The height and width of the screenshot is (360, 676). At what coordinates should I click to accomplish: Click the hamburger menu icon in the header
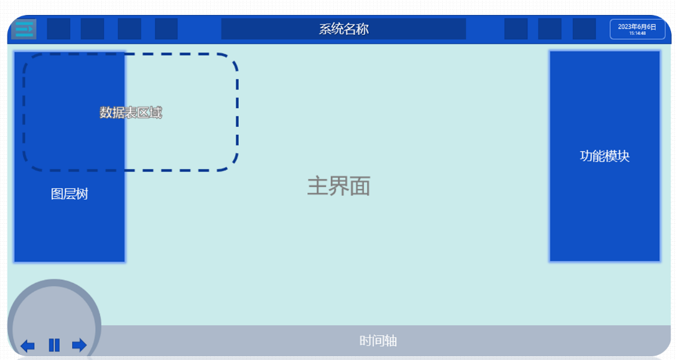coord(24,29)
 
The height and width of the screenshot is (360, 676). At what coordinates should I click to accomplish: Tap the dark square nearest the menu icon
coord(58,29)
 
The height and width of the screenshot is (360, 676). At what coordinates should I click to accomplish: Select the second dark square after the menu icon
coord(93,29)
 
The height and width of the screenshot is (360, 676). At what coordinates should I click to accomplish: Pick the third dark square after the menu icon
coord(129,29)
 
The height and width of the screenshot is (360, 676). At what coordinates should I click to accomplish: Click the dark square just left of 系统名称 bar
coord(167,29)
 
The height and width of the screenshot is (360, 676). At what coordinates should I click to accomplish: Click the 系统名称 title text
coord(344,29)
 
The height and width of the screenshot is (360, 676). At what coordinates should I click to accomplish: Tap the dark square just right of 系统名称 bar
coord(516,29)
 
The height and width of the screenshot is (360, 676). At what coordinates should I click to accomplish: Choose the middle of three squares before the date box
coord(550,29)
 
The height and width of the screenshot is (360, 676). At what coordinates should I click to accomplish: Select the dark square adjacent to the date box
coord(584,29)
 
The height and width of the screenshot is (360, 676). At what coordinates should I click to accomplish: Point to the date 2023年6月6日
coord(637,27)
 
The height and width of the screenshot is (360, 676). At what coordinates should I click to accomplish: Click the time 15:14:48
coord(637,33)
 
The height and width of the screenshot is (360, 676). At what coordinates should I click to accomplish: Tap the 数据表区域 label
coord(131,113)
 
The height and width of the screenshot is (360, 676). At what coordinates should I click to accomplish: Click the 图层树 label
coord(70,194)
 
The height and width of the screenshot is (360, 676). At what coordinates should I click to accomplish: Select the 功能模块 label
coord(604,156)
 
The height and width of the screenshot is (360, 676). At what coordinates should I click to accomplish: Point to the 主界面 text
coord(338,187)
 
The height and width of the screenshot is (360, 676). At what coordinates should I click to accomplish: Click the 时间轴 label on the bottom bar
coord(378,341)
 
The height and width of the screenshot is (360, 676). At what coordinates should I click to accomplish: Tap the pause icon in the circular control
coord(54,345)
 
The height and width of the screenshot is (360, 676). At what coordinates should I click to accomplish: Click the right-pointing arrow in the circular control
coord(80,345)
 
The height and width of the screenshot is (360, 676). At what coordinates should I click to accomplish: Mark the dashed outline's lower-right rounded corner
coord(233,165)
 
